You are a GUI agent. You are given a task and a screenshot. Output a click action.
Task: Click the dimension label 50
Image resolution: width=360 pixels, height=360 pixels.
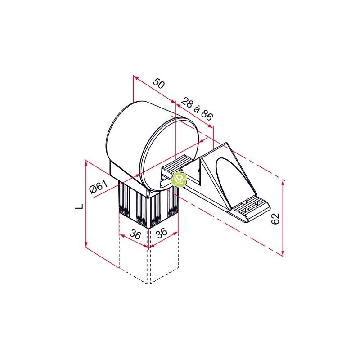pos(159,83)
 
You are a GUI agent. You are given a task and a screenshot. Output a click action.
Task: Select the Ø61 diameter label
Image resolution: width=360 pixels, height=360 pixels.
pos(99,187)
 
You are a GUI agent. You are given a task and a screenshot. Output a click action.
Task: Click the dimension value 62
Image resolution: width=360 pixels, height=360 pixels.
pos(275,218)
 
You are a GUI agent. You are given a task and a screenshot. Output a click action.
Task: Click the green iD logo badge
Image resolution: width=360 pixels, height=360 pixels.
pos(180,180)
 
